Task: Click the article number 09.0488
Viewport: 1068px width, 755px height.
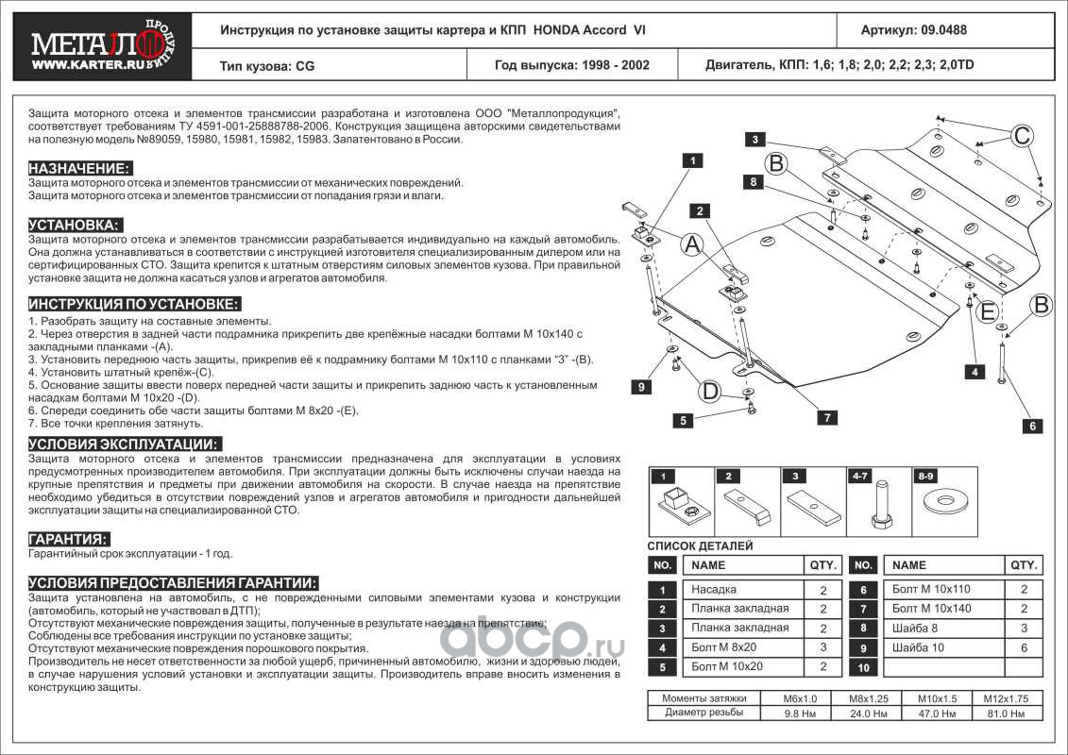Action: tap(913, 29)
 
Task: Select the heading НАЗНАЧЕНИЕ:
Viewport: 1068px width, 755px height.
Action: tap(79, 167)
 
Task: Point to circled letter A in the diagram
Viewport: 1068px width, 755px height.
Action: tap(691, 245)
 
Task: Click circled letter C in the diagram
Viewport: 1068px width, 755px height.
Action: tap(1022, 136)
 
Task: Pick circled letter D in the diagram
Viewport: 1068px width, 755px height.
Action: tap(710, 390)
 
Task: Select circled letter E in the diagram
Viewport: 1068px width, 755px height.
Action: tap(988, 311)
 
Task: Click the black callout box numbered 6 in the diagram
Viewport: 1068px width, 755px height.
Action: tap(1033, 426)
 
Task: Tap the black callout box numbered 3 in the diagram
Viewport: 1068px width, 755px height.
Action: tap(755, 140)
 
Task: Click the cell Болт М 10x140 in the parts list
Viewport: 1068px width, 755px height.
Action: tap(930, 609)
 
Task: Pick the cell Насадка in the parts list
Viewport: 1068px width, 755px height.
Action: tap(715, 590)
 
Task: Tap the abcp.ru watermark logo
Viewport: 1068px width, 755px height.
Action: tap(533, 644)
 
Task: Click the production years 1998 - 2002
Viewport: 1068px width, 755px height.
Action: tap(571, 66)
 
